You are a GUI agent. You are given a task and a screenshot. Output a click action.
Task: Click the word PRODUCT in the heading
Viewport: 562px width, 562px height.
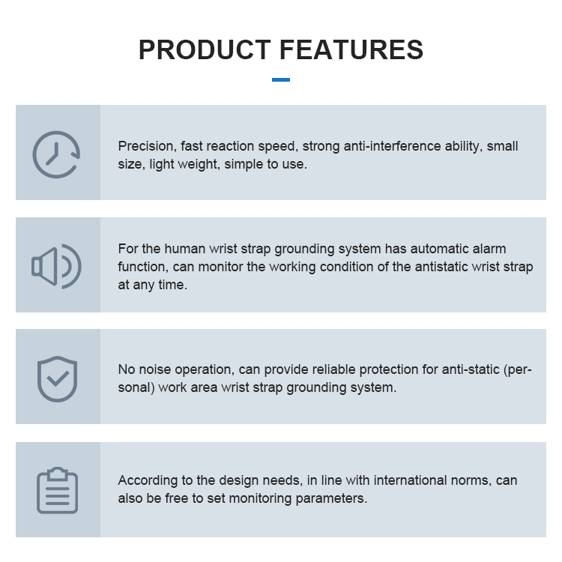tap(204, 49)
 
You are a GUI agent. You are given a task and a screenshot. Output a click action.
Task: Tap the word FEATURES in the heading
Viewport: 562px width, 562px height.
tap(351, 49)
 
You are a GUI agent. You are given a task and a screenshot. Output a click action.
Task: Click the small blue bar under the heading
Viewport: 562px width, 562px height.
tap(281, 79)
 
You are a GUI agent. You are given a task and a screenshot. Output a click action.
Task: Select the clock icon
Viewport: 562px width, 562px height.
tap(56, 154)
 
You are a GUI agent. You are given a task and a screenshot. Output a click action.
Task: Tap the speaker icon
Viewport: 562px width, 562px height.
tap(56, 266)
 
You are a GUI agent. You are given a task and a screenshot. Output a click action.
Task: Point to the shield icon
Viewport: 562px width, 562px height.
tap(57, 378)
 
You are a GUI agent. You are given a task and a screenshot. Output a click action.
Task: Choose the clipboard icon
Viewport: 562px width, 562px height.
tap(57, 490)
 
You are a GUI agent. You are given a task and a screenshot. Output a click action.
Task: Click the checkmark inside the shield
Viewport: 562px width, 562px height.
tap(57, 378)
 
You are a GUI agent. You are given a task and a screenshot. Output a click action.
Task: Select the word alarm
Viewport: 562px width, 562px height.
tap(487, 249)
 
